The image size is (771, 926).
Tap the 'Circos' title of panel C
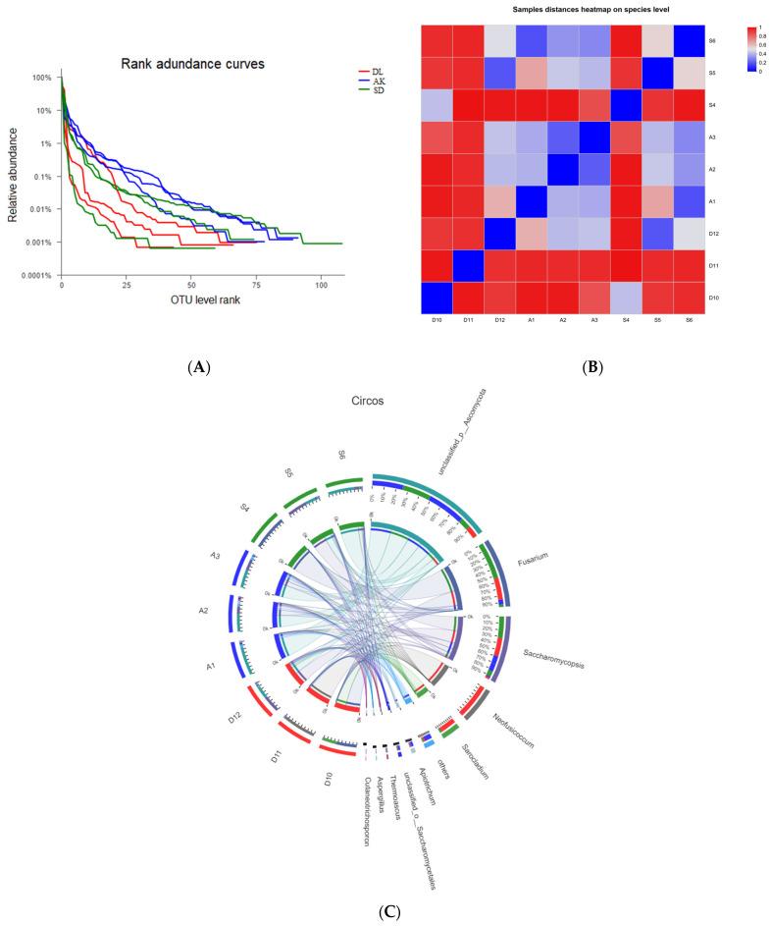372,402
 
